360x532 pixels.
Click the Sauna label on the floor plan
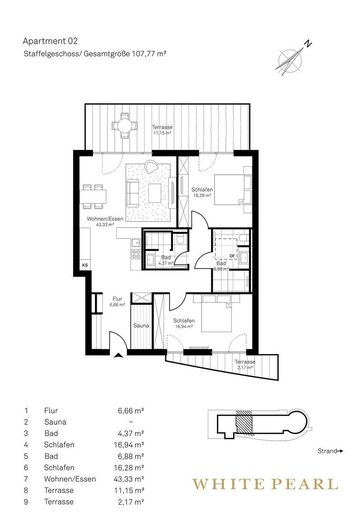(141, 325)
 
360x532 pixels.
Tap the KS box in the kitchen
(85, 265)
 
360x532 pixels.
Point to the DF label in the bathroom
(232, 256)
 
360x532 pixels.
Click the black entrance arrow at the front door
(118, 355)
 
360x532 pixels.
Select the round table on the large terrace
(124, 125)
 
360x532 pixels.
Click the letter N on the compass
(308, 44)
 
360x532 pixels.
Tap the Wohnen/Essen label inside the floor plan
(105, 219)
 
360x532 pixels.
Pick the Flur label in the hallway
(117, 299)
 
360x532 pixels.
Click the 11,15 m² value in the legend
(129, 490)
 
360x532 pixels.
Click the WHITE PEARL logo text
(265, 484)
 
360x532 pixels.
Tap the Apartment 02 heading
(50, 41)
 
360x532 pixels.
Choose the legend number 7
(26, 479)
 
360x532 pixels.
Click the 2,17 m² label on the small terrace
(245, 367)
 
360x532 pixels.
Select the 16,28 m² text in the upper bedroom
(202, 195)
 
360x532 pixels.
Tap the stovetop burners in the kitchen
(137, 254)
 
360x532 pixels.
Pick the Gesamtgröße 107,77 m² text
(124, 54)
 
